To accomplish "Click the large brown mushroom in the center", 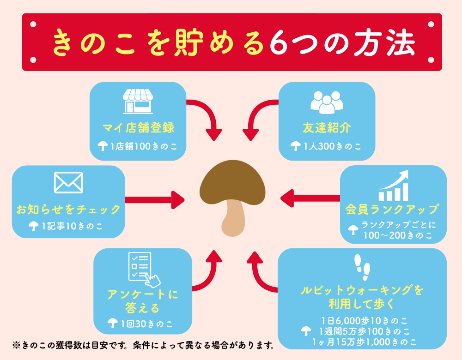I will pos(232,194).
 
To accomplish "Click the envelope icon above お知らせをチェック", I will pos(68,182).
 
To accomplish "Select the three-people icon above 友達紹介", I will pos(327,102).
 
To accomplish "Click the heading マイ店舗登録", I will pos(138,127).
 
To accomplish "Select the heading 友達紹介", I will pos(327,127).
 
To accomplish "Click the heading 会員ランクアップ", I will pos(392,209).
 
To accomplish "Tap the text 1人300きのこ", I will pos(332,146).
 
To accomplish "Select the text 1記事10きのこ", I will pos(72,226).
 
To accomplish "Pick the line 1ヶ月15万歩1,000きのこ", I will pos(365,342).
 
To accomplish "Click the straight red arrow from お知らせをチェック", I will pos(154,200).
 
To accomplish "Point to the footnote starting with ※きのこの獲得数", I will pos(144,345).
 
